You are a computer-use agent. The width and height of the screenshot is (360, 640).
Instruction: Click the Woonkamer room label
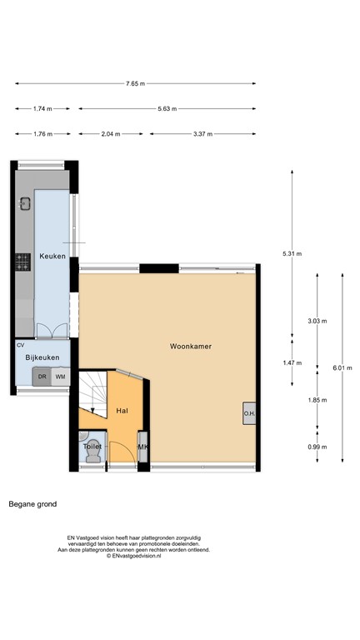point(190,345)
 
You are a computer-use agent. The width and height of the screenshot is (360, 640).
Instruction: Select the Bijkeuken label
point(41,357)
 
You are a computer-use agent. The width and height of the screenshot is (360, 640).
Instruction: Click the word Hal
point(122,411)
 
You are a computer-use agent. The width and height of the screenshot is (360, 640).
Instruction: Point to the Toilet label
point(92,447)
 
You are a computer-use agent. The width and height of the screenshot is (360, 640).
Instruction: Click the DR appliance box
point(42,377)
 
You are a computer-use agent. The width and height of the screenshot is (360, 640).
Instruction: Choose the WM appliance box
point(60,377)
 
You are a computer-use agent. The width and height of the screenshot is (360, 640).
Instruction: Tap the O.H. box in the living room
point(249,414)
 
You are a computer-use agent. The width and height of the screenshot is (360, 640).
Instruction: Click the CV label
point(21,344)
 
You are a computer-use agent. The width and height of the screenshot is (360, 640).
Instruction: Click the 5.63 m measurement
point(167,109)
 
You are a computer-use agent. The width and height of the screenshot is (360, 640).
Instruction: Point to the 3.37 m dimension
point(202,134)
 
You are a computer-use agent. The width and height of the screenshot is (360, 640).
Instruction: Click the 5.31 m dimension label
point(292,253)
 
